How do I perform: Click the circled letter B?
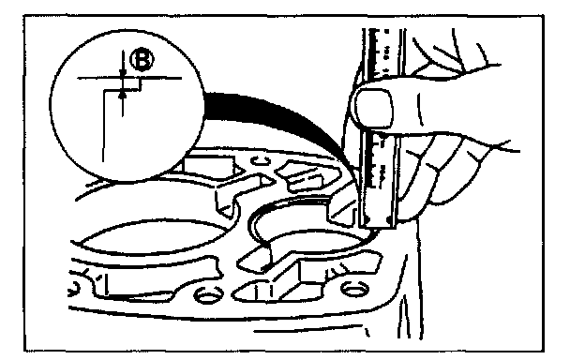click(142, 60)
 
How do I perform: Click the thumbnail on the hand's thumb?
click(374, 108)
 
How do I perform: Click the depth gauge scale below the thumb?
click(378, 178)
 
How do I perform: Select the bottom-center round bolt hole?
click(208, 293)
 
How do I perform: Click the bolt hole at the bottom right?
click(354, 289)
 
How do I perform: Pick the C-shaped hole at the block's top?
click(261, 159)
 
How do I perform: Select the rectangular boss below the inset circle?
click(209, 164)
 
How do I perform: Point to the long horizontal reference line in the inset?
click(129, 78)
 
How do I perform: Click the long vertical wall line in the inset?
click(104, 126)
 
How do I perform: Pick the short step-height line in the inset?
click(140, 84)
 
